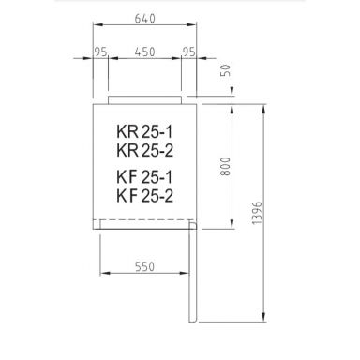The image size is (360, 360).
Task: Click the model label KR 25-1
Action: [143, 132]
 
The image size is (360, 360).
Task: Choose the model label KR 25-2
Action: [143, 149]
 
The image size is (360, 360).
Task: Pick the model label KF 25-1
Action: [143, 176]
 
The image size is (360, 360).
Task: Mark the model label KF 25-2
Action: [143, 193]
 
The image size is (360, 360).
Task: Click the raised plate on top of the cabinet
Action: [145, 98]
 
